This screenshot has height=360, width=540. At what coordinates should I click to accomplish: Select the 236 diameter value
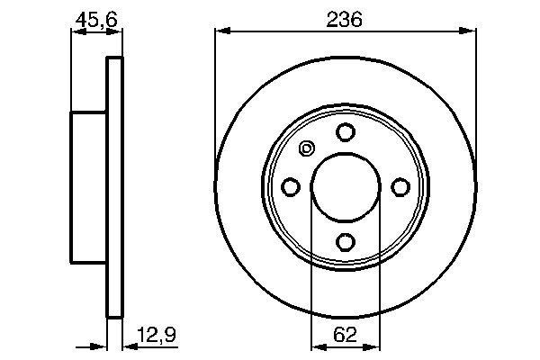pyautogui.click(x=345, y=17)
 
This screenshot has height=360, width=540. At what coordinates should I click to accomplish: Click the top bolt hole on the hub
pyautogui.click(x=345, y=132)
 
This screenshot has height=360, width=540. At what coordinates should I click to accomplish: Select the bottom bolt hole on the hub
pyautogui.click(x=345, y=241)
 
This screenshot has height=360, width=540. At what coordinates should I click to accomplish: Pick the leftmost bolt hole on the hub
pyautogui.click(x=290, y=186)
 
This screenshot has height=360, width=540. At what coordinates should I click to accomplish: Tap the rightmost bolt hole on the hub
pyautogui.click(x=400, y=186)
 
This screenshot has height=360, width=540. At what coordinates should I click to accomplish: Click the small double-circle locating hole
pyautogui.click(x=306, y=149)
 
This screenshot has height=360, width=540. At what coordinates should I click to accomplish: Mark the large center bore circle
pyautogui.click(x=345, y=187)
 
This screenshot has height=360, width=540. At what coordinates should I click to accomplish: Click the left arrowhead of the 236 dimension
pyautogui.click(x=220, y=32)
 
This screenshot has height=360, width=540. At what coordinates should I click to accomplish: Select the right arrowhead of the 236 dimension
pyautogui.click(x=470, y=32)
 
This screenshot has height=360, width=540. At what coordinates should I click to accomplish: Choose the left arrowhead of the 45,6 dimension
pyautogui.click(x=76, y=33)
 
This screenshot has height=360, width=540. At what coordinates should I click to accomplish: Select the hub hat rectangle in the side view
pyautogui.click(x=90, y=187)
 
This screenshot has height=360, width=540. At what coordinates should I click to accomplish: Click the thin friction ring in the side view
pyautogui.click(x=114, y=187)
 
